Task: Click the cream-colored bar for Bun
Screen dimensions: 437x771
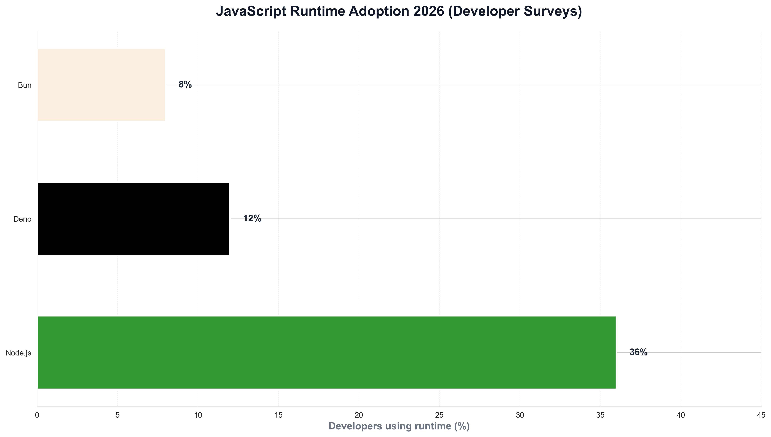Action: pos(101,85)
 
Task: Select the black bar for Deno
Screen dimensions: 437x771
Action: pos(133,219)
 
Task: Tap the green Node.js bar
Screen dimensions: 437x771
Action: pos(326,352)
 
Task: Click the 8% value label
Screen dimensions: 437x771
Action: pos(185,85)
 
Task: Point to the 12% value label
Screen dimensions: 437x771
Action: pos(252,219)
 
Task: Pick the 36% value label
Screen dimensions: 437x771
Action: pos(638,352)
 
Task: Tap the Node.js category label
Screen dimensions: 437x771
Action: pos(18,353)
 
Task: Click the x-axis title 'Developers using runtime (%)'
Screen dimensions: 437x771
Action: pos(399,426)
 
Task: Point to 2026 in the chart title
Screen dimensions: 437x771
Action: pos(428,11)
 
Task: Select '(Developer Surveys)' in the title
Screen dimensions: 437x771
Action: pos(515,11)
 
